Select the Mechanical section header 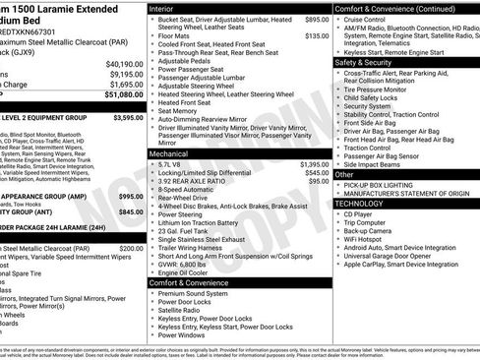(x=169, y=154)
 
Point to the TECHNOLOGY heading (x=361, y=202)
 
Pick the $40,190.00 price (x=124, y=63)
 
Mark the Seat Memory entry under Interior (x=180, y=111)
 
